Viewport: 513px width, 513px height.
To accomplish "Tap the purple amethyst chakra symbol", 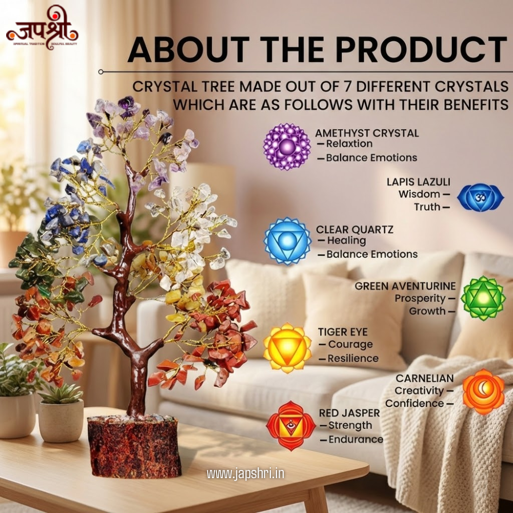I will click(x=287, y=147).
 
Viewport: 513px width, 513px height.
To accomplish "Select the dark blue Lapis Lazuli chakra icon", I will click(x=480, y=198).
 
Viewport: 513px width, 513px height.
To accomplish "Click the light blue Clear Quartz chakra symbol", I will click(x=287, y=241).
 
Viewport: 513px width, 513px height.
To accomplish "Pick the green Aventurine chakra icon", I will click(x=480, y=298).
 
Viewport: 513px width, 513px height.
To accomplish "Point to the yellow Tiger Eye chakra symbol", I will click(x=287, y=348).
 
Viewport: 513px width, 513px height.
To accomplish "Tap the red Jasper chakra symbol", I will click(x=291, y=426).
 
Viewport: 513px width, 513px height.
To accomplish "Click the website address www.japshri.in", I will click(x=245, y=473).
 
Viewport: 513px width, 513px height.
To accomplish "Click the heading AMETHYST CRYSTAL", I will click(x=367, y=133).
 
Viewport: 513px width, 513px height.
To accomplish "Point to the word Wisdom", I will click(x=419, y=194).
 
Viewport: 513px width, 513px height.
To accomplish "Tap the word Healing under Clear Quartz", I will click(x=346, y=240).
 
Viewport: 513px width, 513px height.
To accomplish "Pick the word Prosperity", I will click(x=420, y=298).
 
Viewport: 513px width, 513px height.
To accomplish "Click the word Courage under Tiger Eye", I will click(x=350, y=344).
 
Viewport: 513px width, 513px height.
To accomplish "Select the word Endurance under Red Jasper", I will click(x=356, y=439).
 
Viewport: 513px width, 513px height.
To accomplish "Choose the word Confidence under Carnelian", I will click(x=415, y=403).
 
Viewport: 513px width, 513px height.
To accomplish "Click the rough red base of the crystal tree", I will click(x=134, y=446).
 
